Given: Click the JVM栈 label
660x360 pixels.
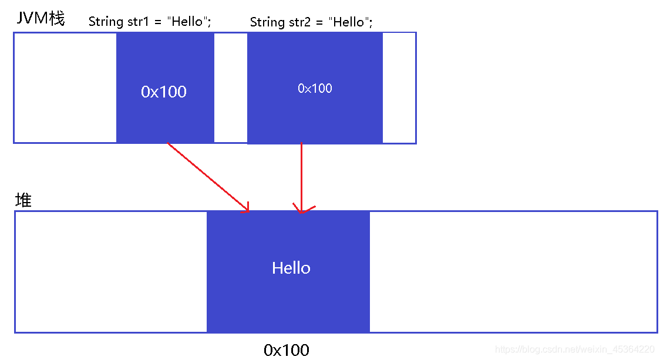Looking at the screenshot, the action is (x=41, y=19).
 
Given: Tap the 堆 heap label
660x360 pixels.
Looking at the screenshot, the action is (x=23, y=200).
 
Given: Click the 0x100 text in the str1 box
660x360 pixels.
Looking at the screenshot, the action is (x=164, y=92).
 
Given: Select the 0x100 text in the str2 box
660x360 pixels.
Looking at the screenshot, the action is (x=315, y=89).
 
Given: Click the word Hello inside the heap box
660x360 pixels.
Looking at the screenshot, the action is (x=291, y=268).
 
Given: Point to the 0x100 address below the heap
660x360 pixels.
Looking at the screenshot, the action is (x=286, y=350).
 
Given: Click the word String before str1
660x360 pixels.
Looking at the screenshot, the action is (x=106, y=22).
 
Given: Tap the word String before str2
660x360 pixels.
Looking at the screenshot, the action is (x=267, y=22).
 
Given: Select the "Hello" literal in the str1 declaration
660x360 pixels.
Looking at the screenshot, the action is (x=187, y=21).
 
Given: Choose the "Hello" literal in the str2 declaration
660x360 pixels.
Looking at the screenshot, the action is (x=349, y=22).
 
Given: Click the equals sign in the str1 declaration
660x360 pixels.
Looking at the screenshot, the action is (x=158, y=22).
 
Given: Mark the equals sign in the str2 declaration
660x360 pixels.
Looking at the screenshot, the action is (x=319, y=23).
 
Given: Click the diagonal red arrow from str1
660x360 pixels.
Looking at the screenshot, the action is (x=208, y=177).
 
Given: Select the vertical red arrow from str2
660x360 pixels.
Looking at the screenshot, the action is (x=301, y=177).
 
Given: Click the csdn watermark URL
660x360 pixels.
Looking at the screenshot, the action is (x=574, y=349).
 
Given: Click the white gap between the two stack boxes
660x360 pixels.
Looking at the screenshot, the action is (x=231, y=88).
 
